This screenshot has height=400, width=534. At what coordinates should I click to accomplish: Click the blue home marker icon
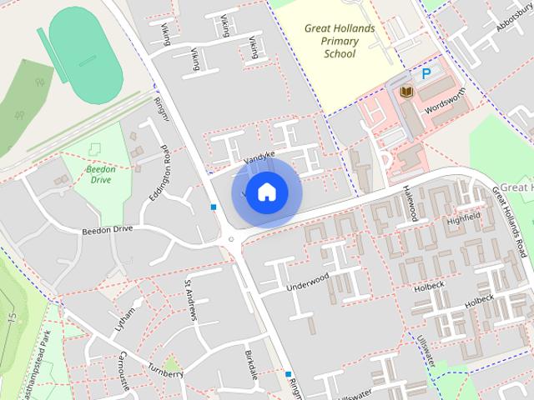(266, 192)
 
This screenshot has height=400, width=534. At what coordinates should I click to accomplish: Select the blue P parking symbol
(426, 74)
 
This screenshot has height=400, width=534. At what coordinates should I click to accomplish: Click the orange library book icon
(406, 92)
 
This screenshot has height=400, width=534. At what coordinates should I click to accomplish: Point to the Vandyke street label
(259, 155)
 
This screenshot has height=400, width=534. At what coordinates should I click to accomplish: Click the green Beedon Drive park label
(100, 173)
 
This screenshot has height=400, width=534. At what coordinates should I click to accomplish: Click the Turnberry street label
(165, 372)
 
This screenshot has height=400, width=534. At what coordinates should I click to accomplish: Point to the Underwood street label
(308, 281)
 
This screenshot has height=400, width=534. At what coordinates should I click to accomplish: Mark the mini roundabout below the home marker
(231, 240)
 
